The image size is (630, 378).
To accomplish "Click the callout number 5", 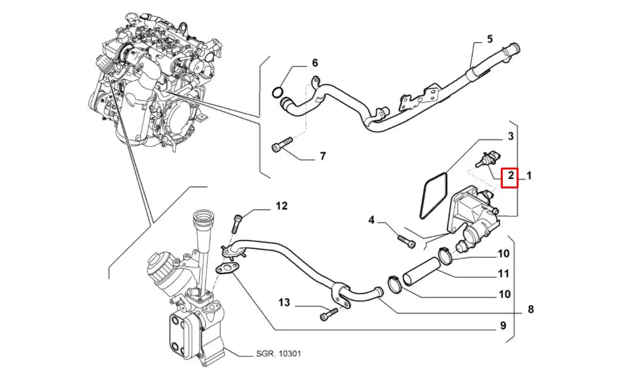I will coord(490,39).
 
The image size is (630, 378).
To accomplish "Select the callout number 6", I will coord(315,63).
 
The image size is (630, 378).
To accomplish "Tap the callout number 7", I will coord(322,156).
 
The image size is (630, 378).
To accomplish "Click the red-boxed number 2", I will coord(510,176).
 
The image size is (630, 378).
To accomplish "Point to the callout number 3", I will coord(511,136).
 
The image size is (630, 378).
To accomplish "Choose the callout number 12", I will coord(281,206).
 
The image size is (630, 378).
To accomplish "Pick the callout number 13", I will coord(285,304).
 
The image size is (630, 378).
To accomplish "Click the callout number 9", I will coord(503,326).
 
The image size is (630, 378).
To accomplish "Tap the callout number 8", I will coord(530,309).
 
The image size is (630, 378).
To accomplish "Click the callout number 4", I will coord(372,220).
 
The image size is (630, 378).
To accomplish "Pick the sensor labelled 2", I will coord(485,161).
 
